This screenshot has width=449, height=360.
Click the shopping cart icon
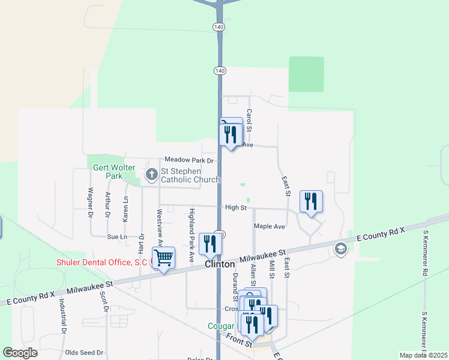[x=163, y=258]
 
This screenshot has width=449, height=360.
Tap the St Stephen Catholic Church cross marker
[x=152, y=175]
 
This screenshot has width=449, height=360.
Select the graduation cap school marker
[x=341, y=249]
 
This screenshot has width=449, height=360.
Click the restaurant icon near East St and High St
[x=311, y=202]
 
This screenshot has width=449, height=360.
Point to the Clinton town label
[x=220, y=264]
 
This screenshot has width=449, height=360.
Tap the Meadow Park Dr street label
[x=189, y=160]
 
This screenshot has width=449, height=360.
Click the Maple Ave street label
[x=269, y=226]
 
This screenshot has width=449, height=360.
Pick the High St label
[x=236, y=208]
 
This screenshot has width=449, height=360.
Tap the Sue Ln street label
[x=117, y=237]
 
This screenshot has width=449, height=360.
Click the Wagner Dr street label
[x=91, y=202]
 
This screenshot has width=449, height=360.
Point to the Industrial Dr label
[x=62, y=316]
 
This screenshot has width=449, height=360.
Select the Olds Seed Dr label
[x=84, y=353]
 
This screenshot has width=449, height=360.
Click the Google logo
[x=20, y=353]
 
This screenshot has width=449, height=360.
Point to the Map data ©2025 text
[x=423, y=355]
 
